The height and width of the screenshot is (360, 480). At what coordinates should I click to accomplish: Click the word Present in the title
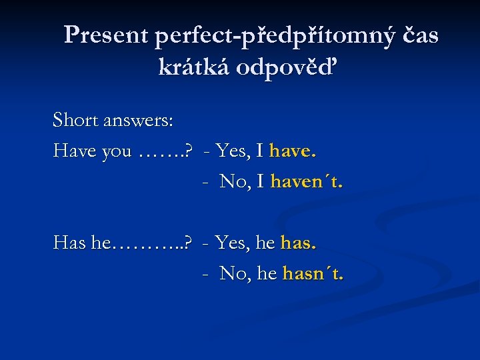[106, 35]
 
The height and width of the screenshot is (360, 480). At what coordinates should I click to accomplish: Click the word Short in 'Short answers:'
[75, 121]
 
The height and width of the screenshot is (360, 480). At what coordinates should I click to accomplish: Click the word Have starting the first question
[75, 151]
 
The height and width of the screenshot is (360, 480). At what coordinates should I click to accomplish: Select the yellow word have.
[293, 151]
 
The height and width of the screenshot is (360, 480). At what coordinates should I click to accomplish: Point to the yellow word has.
[299, 243]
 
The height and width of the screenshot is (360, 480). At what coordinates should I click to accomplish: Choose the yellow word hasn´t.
[313, 273]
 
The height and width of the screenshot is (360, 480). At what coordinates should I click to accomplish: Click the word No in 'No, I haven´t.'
[234, 181]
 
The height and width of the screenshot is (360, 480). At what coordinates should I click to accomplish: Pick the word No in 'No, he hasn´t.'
[234, 273]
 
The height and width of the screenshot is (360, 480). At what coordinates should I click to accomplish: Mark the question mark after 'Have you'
[189, 151]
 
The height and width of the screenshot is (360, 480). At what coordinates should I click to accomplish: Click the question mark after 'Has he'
[189, 243]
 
